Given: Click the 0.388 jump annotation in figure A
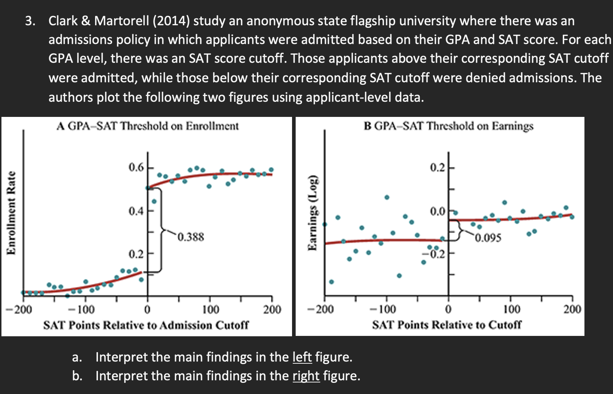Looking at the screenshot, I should [x=190, y=237].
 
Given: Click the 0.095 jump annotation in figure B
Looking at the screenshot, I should [x=488, y=238].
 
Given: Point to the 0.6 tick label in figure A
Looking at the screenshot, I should [x=136, y=167].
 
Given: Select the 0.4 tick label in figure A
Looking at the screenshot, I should [x=136, y=211].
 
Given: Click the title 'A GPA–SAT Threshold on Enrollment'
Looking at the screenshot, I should [x=147, y=126].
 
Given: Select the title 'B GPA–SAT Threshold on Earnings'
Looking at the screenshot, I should [x=448, y=126].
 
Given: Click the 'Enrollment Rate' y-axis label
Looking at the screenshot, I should [x=12, y=213].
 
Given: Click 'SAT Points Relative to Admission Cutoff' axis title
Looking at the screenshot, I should [x=146, y=325].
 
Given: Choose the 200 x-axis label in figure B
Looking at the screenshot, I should [x=572, y=309].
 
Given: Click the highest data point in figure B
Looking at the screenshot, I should [x=387, y=197].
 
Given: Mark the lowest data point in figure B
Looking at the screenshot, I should [x=331, y=282].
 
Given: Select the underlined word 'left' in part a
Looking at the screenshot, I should [x=302, y=357].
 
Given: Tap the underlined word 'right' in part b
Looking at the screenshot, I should [x=306, y=376].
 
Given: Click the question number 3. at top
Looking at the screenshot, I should [x=30, y=21].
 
